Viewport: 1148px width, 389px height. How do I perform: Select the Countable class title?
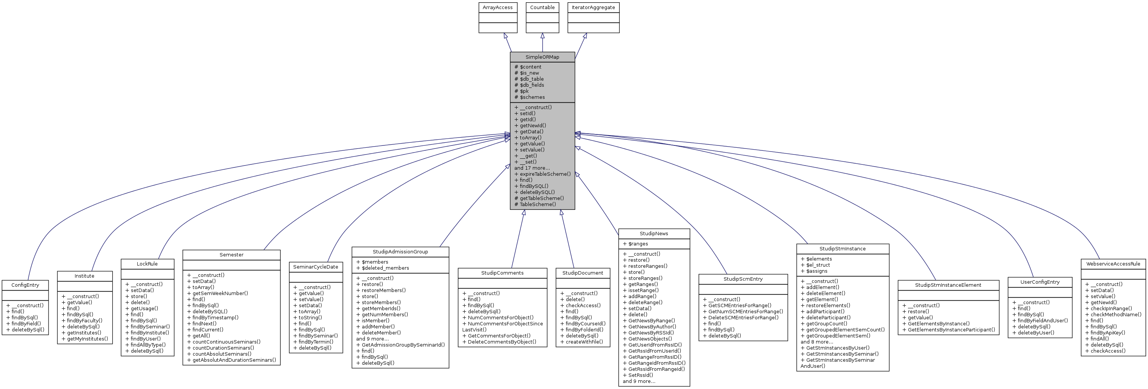(x=542, y=8)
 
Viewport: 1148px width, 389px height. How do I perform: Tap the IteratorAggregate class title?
(x=593, y=8)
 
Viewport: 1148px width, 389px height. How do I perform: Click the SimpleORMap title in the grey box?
(x=542, y=57)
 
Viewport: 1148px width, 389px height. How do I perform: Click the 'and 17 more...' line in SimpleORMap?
(x=532, y=168)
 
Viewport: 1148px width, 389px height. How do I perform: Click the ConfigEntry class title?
(x=25, y=285)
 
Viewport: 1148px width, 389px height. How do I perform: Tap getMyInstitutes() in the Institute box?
(x=87, y=339)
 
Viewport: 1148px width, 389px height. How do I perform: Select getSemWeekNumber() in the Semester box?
(x=220, y=293)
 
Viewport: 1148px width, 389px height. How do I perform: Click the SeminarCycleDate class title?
(x=316, y=267)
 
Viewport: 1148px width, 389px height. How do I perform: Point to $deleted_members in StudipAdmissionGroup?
(x=385, y=268)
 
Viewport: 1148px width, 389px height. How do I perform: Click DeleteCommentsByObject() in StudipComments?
(x=501, y=342)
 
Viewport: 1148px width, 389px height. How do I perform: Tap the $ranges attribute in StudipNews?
(x=638, y=244)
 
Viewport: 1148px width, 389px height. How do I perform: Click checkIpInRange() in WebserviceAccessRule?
(x=1110, y=308)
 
